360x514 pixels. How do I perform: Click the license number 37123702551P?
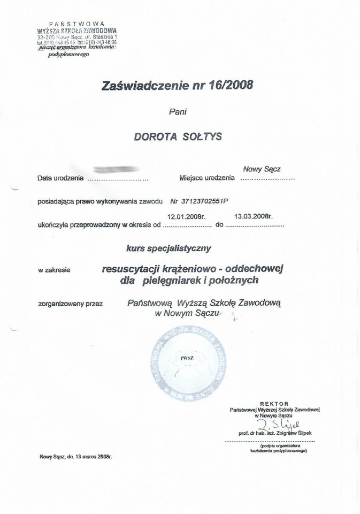[198, 201]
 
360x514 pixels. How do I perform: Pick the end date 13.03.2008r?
[254, 217]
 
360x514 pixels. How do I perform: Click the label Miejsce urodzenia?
[207, 178]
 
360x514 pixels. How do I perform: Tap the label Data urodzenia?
[60, 178]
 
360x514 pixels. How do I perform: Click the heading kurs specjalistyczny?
[170, 248]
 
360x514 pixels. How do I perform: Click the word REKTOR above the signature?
[274, 403]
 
